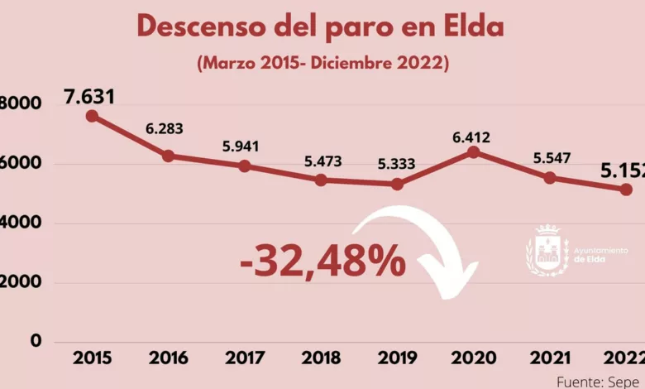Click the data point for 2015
pos(92,117)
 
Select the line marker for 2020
pos(473,152)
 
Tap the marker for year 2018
pos(321,180)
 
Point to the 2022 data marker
pos(626,190)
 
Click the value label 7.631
pos(89,97)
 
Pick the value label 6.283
pos(165,129)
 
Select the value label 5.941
pos(241,147)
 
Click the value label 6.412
pos(473,132)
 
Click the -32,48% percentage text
pos(322,262)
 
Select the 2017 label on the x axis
pos(245,358)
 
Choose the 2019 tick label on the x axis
pos(397,358)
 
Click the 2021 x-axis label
pos(549,358)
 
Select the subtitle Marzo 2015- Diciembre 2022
pos(322,64)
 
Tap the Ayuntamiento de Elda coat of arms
pos(547,251)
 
